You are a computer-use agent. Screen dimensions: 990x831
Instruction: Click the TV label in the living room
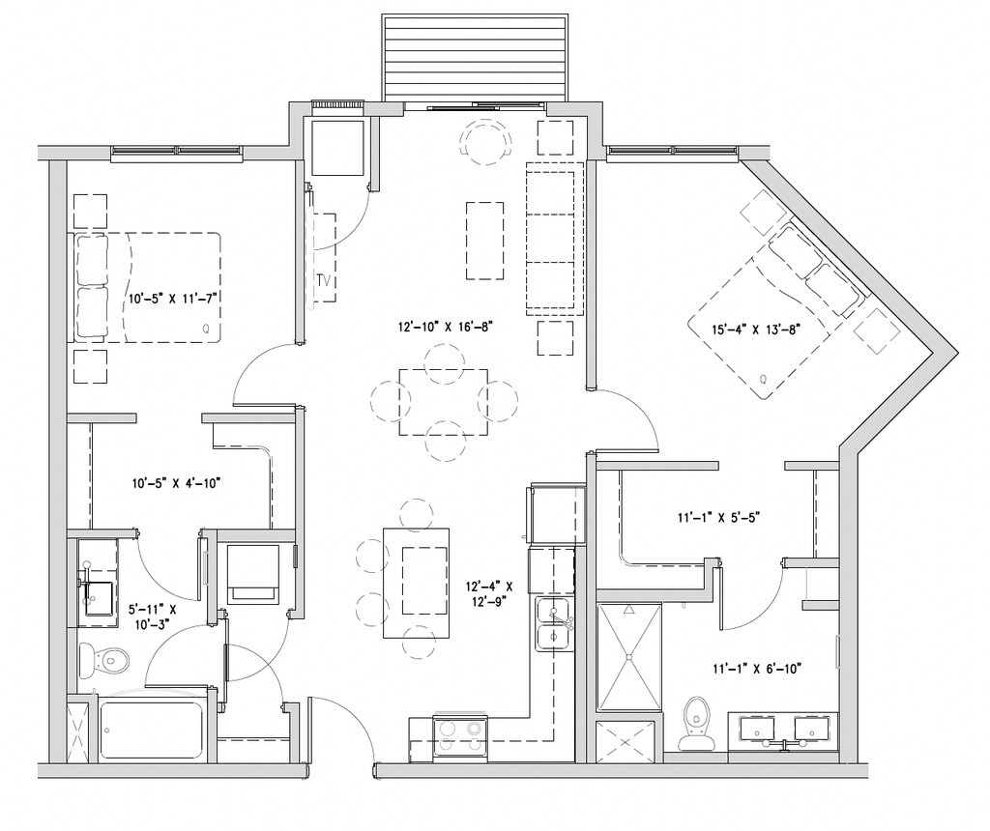(x=325, y=280)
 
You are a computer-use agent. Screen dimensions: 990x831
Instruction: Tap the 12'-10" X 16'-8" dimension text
(x=445, y=327)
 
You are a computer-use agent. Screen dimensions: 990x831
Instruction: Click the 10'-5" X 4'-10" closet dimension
(x=176, y=484)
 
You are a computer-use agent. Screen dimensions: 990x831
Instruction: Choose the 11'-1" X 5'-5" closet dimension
(x=718, y=518)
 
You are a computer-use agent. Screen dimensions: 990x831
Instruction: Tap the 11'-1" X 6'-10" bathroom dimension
(x=757, y=669)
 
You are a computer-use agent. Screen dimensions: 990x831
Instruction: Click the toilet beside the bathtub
(x=104, y=661)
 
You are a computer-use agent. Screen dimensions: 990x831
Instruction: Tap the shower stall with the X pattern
(x=628, y=657)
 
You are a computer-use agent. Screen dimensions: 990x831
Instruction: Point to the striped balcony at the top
(x=474, y=58)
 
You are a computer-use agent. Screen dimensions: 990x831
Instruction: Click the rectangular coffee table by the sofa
(x=485, y=241)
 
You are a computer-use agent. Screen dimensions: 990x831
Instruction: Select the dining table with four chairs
(x=443, y=402)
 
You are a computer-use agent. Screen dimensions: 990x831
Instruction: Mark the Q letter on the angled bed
(x=763, y=379)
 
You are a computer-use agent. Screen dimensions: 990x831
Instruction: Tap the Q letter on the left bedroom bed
(x=206, y=329)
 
